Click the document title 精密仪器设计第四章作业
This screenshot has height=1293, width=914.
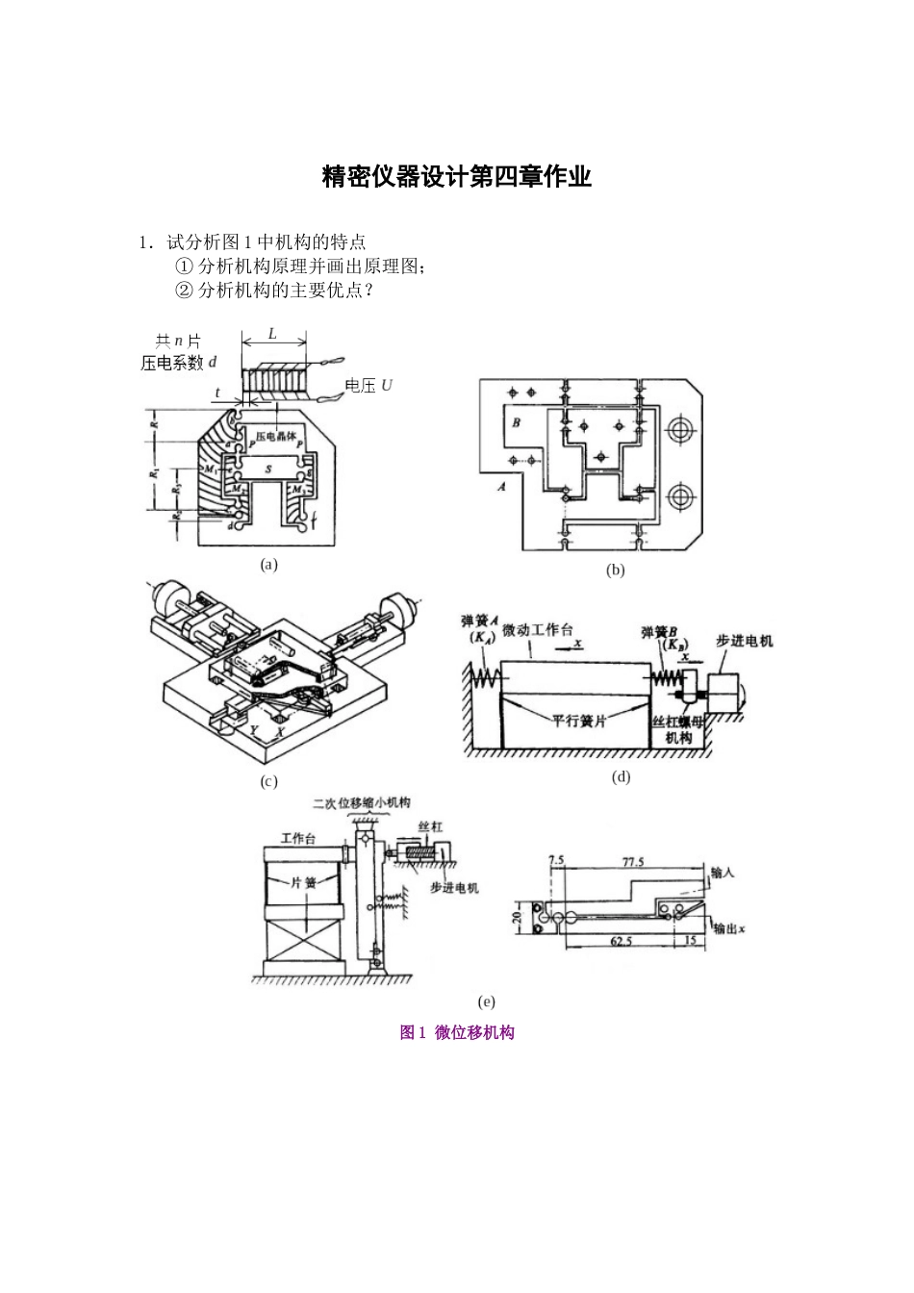[x=456, y=177]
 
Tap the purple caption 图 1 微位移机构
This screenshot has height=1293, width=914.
[x=457, y=1032]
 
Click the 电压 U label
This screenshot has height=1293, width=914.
[x=368, y=386]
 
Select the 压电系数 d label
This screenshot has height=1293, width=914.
[x=179, y=363]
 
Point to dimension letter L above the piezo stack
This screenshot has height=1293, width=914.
[x=272, y=334]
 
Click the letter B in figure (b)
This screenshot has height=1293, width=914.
[x=516, y=422]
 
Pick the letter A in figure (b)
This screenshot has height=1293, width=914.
[x=500, y=487]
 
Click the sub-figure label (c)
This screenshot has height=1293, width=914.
[x=268, y=782]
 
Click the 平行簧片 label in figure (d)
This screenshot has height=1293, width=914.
[x=578, y=720]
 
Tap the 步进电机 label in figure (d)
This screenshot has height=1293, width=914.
[x=744, y=641]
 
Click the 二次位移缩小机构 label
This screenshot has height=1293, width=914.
[x=361, y=803]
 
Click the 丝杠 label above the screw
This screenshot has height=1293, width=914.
[x=429, y=827]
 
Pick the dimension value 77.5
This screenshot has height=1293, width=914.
[x=632, y=862]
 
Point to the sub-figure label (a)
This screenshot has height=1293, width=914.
[x=268, y=565]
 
